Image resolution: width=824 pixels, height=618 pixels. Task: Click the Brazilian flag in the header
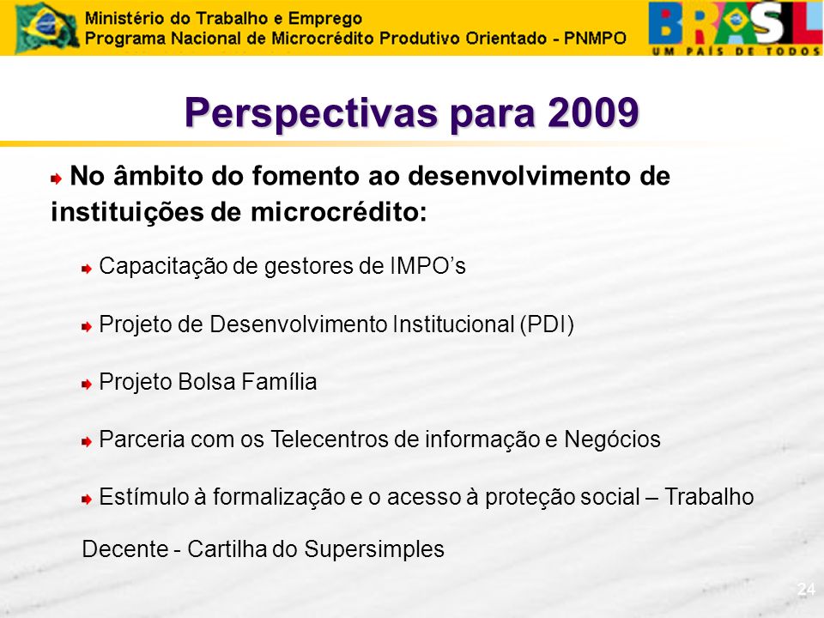coord(47,27)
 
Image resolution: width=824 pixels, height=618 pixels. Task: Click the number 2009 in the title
coord(593,112)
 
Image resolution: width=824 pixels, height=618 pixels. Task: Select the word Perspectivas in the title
coord(311,113)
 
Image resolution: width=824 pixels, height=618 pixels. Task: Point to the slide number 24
coord(806,589)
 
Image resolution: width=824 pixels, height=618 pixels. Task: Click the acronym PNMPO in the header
coord(595,39)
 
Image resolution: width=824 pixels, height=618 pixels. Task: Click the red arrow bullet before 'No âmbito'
coord(57,179)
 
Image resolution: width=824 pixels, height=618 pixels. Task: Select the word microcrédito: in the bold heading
coord(339,212)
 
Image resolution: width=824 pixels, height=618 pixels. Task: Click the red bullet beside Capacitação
coord(87,269)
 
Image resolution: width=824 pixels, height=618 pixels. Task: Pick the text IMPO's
coord(427,266)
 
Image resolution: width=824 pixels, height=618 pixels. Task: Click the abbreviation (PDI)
coord(547,324)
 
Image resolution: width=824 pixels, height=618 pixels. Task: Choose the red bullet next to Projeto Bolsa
coord(87,385)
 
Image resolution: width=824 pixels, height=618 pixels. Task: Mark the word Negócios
coord(612,439)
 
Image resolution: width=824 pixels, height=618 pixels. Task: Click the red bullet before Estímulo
coord(87,500)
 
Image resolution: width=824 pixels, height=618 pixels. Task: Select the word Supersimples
coord(374,549)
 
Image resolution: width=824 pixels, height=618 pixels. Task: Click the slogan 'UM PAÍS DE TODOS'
coord(736,51)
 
